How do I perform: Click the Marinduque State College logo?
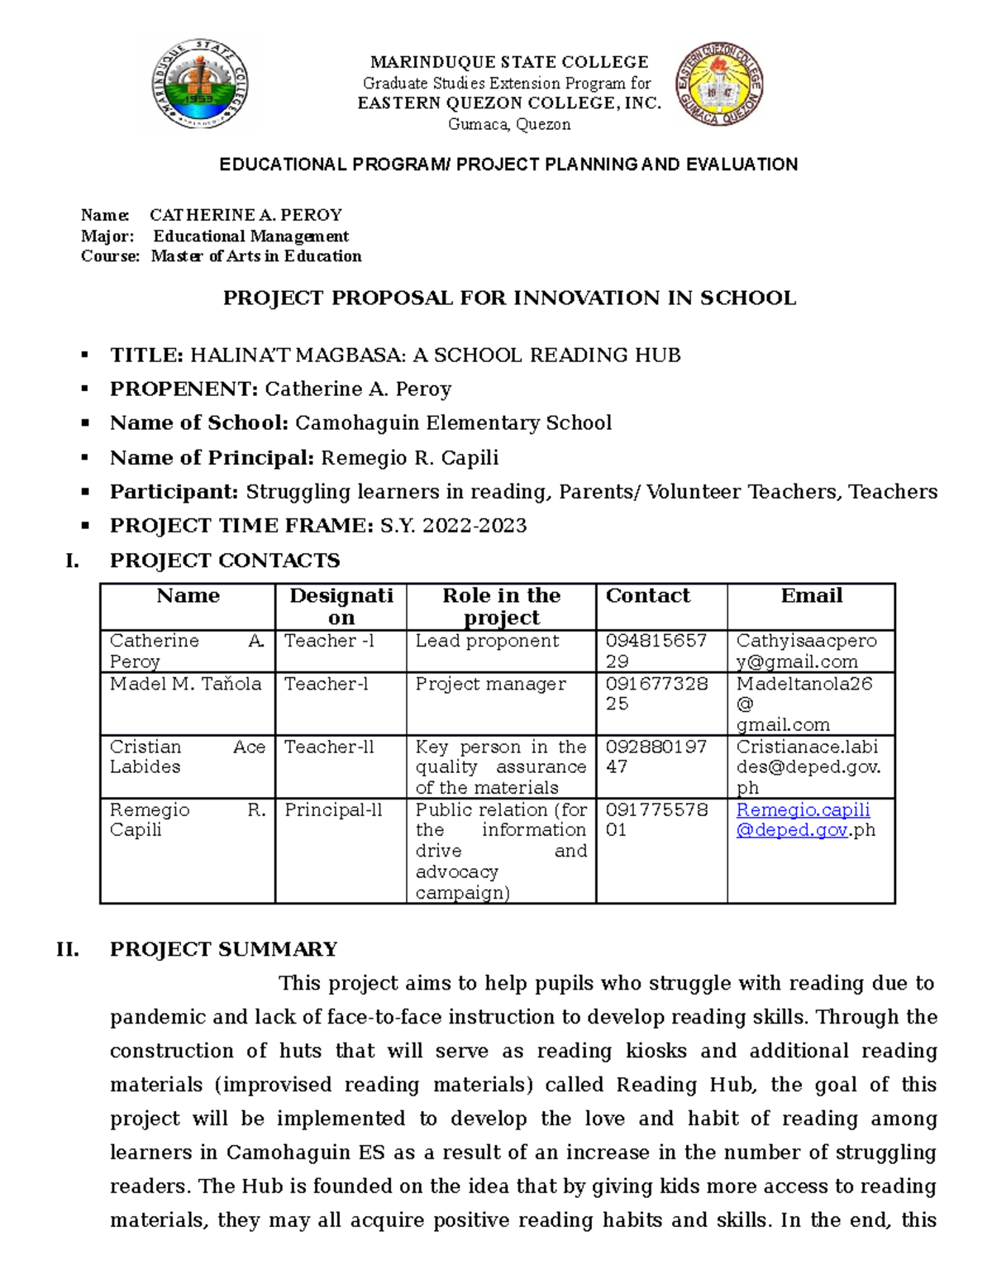199,84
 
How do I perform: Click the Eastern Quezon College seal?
718,84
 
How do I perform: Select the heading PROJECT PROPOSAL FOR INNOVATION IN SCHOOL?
508,298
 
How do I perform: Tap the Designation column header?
341,606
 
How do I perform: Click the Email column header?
811,596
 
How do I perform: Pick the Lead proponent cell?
487,641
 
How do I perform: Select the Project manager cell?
490,684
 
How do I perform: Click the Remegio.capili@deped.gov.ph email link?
803,820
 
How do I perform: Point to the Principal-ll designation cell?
333,810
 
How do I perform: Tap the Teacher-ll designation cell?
329,747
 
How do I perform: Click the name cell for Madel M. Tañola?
185,684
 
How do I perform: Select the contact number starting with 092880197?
656,757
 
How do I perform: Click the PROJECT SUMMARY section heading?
223,949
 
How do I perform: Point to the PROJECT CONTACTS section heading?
225,561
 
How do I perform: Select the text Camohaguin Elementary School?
453,423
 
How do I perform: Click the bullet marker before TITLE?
84,356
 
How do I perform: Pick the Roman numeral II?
68,949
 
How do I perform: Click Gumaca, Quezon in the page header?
508,125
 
